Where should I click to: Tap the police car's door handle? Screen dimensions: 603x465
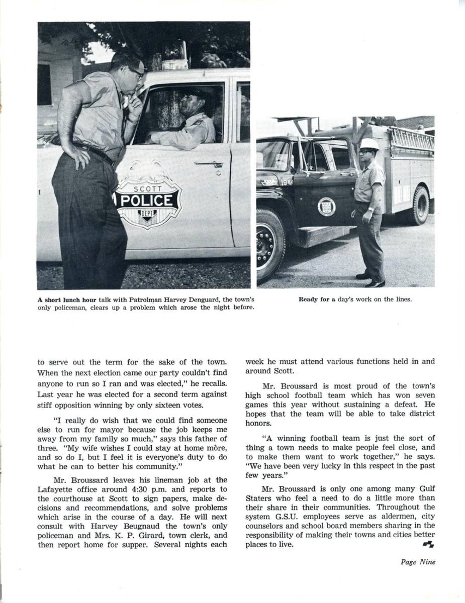tap(209, 164)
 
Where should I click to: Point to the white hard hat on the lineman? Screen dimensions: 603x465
tap(369, 144)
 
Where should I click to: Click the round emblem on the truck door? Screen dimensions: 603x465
tap(327, 207)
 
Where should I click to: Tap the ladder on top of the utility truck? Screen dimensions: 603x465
tap(411, 138)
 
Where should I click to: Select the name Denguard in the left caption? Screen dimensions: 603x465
tap(206, 299)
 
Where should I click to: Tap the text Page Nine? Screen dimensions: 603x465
tap(418, 562)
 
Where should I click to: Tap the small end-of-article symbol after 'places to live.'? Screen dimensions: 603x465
tap(428, 544)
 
